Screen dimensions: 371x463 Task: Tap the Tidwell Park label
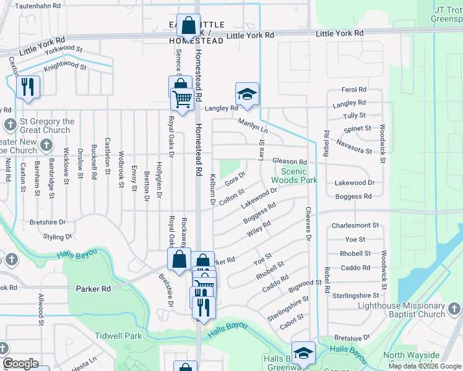[118, 336]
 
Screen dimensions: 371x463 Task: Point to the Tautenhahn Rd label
[38, 5]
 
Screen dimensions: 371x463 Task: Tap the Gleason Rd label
[290, 162]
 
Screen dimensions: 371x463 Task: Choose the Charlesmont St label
[355, 226]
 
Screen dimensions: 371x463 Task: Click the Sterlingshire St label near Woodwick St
[355, 296]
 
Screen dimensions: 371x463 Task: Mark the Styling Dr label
[58, 237]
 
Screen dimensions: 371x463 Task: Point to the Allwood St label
[41, 310]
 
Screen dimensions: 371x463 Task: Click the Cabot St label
[292, 317]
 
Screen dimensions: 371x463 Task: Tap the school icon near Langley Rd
[247, 95]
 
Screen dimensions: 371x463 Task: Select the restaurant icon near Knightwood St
[28, 87]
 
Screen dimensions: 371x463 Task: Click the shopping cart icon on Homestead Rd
[182, 98]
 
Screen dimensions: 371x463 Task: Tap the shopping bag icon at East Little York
[189, 26]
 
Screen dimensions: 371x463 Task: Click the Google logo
[21, 364]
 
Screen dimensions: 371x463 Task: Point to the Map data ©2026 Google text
[425, 366]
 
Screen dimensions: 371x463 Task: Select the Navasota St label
[353, 147]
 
